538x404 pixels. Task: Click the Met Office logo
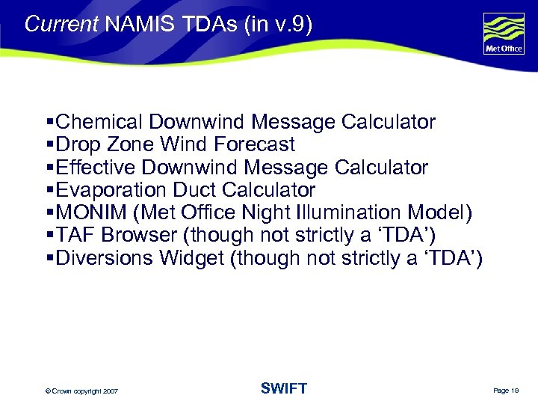(504, 34)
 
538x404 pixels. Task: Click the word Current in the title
(61, 24)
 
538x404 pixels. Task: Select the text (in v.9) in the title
(277, 24)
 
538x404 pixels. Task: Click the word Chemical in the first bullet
(99, 122)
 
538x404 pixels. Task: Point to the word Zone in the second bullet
(137, 144)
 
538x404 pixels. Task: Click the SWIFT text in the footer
(284, 388)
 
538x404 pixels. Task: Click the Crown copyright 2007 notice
(81, 391)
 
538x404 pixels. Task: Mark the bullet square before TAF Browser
(49, 236)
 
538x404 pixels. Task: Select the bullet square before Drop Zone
(49, 144)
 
